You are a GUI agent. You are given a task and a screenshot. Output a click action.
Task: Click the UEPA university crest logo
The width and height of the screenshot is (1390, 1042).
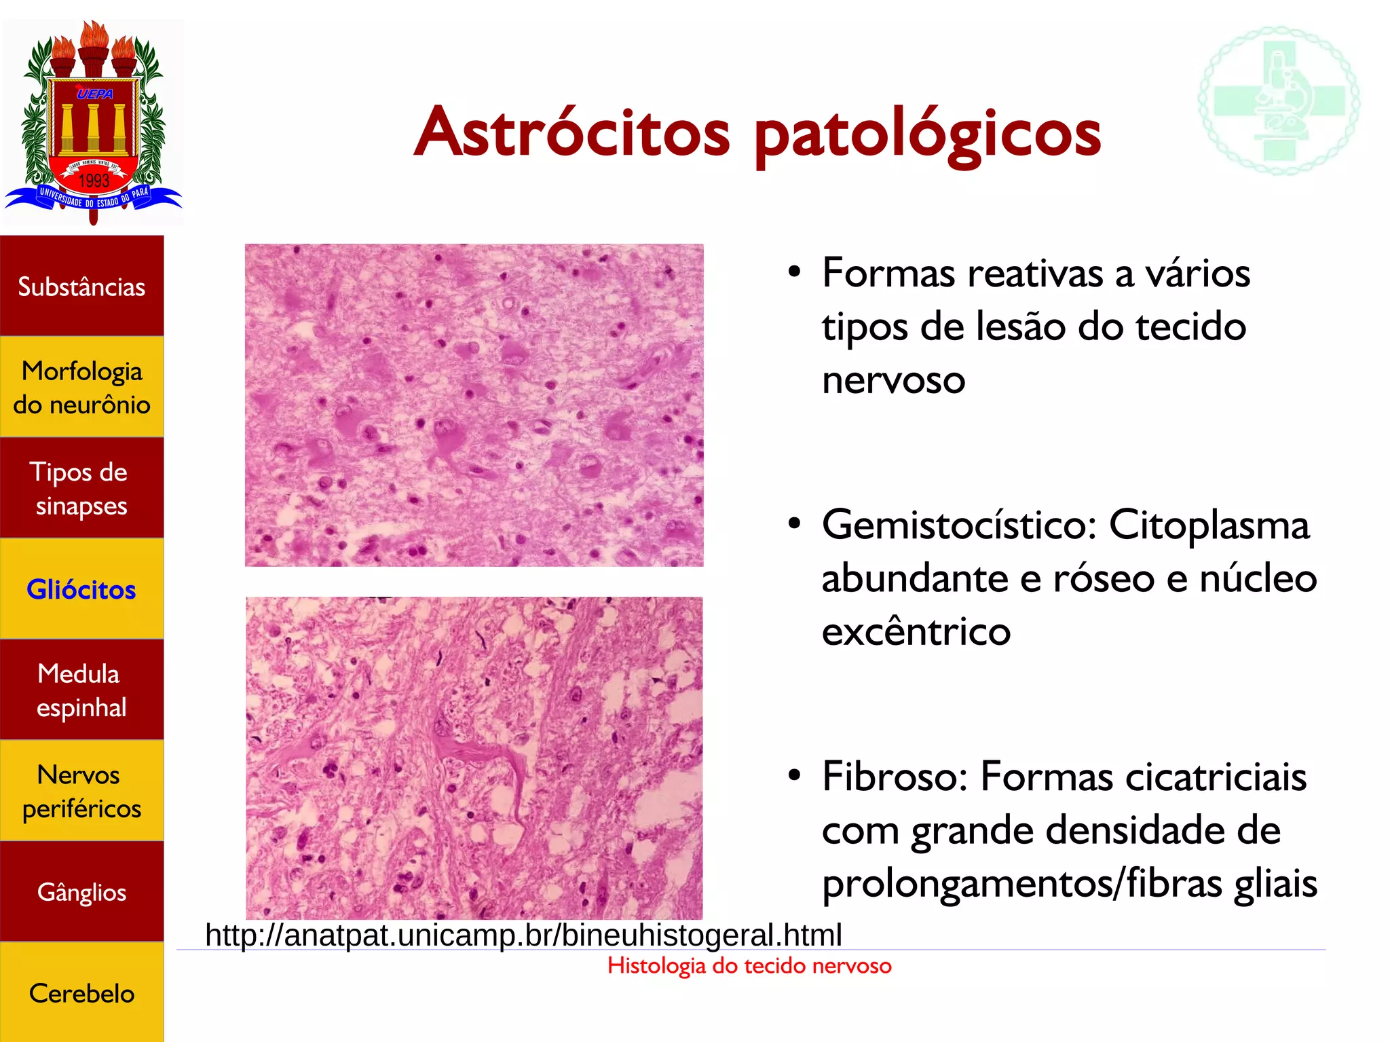coord(94,122)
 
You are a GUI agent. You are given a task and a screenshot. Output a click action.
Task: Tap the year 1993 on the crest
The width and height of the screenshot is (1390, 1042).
coord(94,181)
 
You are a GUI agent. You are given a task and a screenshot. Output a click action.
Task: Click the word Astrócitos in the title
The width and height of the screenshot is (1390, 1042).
coord(572,132)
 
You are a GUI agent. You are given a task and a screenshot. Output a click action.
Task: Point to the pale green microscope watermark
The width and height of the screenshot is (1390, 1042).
coord(1279,100)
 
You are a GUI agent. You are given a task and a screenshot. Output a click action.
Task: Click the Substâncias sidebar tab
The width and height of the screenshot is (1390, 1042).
coord(81,286)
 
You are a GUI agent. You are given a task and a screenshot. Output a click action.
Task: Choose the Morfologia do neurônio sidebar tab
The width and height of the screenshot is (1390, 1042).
coord(81,387)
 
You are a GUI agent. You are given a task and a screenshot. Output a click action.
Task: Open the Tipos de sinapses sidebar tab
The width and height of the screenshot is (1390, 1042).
coord(81,488)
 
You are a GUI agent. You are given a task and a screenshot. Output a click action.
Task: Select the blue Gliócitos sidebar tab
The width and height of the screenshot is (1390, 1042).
coord(81,589)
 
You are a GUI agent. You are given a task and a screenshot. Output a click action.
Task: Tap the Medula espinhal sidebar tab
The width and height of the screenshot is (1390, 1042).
coord(81,690)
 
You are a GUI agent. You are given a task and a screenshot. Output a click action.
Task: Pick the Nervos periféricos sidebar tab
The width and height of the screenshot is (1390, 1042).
coord(81,791)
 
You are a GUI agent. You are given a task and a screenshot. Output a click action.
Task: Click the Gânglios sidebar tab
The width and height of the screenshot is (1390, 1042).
coord(81,891)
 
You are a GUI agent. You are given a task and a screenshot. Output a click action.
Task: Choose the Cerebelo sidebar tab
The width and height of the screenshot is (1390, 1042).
coord(81,993)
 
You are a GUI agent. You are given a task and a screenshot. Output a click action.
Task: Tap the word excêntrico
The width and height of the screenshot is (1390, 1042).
coord(916,632)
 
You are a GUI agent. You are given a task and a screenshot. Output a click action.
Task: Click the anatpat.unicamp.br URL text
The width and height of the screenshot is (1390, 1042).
coord(523,935)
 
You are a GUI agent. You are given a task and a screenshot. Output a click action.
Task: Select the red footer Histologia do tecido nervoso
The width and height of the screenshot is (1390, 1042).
coord(749,965)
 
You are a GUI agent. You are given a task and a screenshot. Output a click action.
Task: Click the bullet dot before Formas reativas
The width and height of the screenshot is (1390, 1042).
coord(795,272)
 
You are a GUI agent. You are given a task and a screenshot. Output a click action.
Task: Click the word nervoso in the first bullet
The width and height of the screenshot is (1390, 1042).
coord(893,379)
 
